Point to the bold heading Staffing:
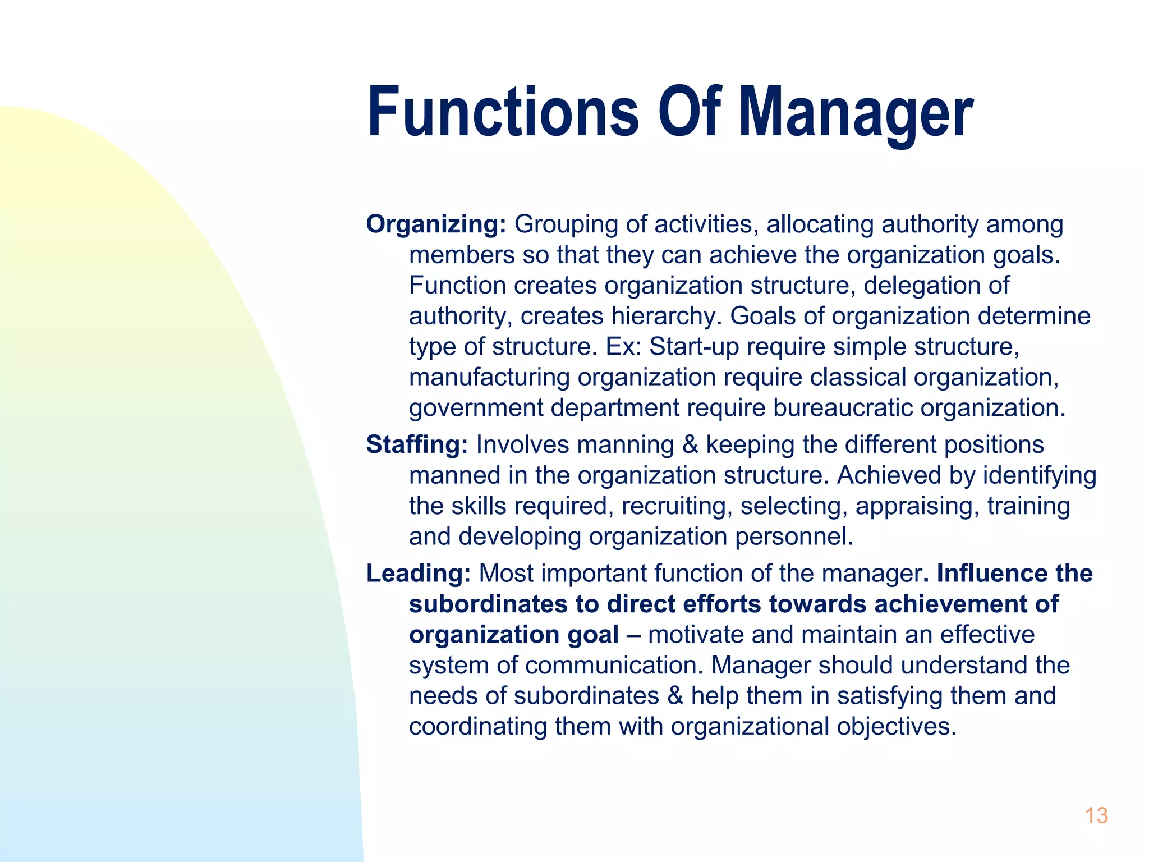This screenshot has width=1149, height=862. coord(417,444)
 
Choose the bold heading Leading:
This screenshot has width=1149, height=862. coord(419,574)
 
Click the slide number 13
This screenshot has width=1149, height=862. coord(1096,815)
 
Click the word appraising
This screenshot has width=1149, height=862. coord(917,506)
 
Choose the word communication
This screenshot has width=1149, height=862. coord(614,666)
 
